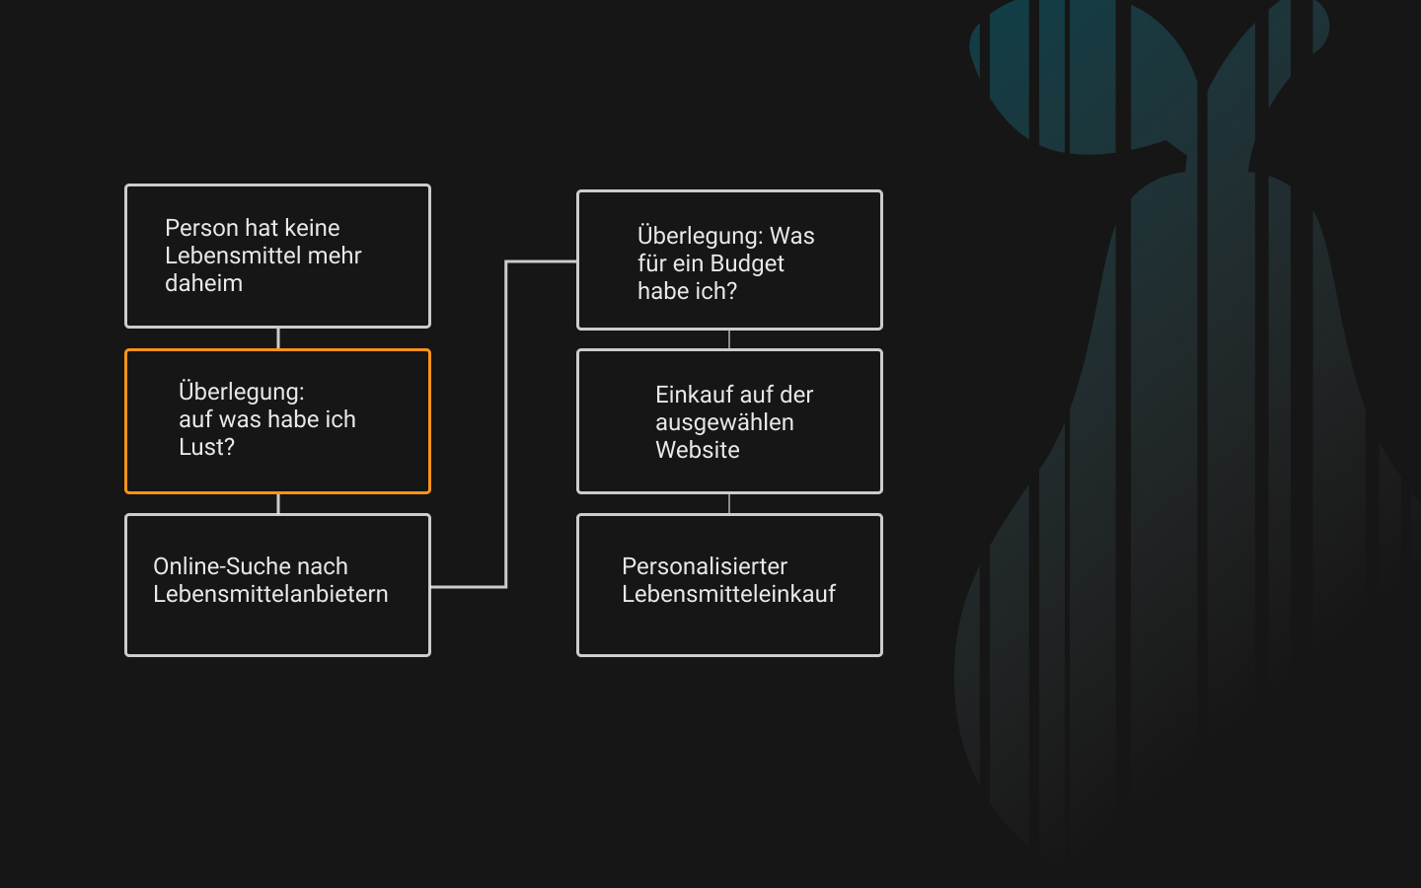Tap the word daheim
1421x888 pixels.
click(x=203, y=283)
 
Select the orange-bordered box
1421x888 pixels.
click(x=278, y=349)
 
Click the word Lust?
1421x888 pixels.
click(x=207, y=447)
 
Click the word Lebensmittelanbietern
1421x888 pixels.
click(x=270, y=594)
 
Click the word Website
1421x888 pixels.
click(x=698, y=450)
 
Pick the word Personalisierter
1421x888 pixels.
click(x=705, y=565)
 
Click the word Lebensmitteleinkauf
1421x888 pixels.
click(x=729, y=594)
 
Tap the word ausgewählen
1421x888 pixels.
click(x=724, y=422)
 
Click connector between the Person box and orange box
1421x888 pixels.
click(x=278, y=338)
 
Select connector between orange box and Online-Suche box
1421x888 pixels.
click(x=278, y=503)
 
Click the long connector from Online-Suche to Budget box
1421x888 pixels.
click(x=505, y=423)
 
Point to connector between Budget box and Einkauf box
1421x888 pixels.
click(x=729, y=339)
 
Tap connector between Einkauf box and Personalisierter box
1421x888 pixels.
click(x=729, y=503)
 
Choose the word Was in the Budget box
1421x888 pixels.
click(x=791, y=236)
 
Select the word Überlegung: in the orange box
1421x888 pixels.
click(x=242, y=392)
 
